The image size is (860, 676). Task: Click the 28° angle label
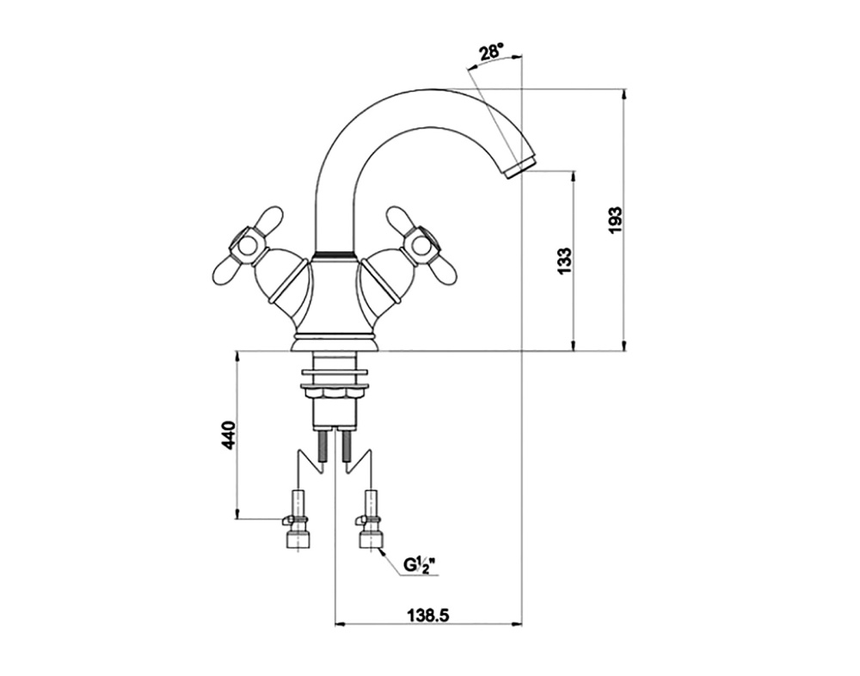pos(491,52)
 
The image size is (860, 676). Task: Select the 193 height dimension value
pos(617,220)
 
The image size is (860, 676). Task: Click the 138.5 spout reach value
pos(427,616)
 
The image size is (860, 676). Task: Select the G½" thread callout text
pos(421,565)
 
